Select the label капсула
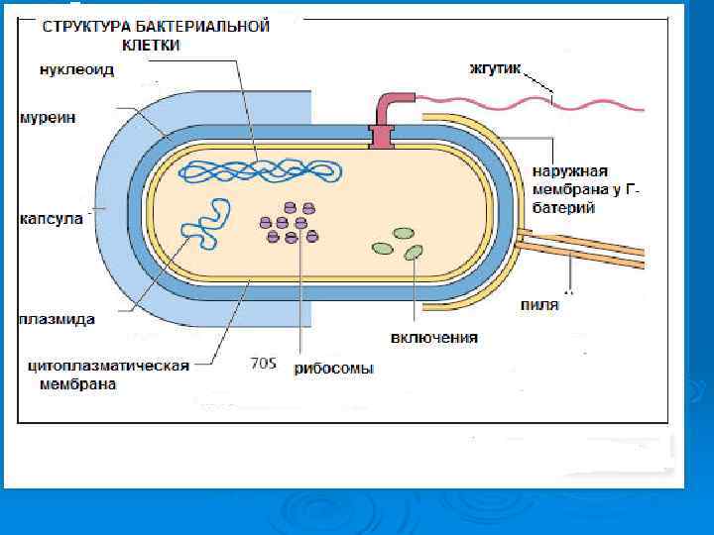pyautogui.click(x=50, y=217)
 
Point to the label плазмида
pyautogui.click(x=56, y=320)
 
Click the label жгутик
pyautogui.click(x=493, y=70)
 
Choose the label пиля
pyautogui.click(x=539, y=304)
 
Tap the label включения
pyautogui.click(x=433, y=338)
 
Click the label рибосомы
pyautogui.click(x=334, y=369)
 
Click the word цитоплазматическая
pyautogui.click(x=108, y=366)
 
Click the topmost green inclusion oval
pyautogui.click(x=403, y=234)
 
